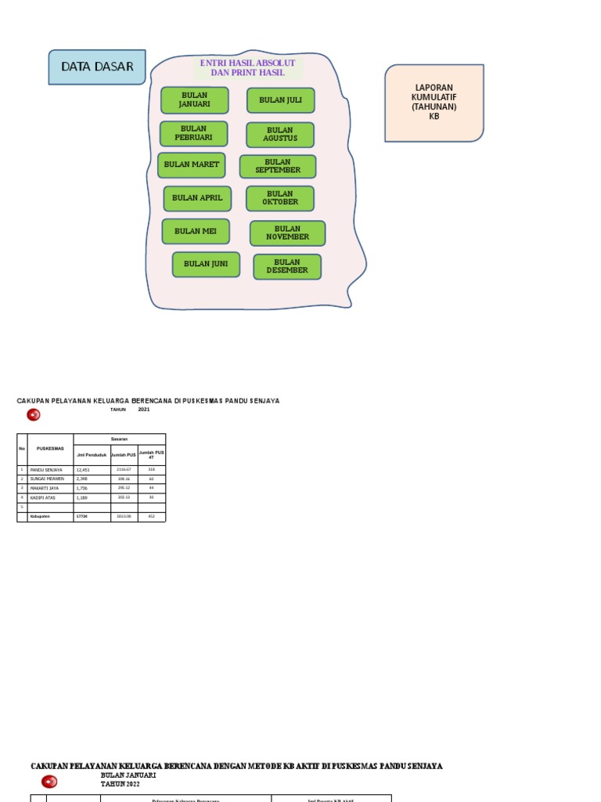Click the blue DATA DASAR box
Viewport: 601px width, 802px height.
pos(97,67)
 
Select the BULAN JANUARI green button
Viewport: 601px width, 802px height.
pos(194,100)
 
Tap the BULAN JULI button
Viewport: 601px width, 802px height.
pos(280,100)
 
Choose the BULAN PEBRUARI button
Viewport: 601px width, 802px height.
pos(193,133)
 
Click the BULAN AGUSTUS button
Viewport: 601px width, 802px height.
pos(279,135)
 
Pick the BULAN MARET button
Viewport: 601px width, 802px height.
pos(191,165)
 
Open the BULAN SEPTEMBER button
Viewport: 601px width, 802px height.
pos(277,166)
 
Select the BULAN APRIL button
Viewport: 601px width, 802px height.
pos(197,198)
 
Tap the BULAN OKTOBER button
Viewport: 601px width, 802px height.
pos(279,198)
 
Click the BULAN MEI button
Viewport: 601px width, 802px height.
pos(196,231)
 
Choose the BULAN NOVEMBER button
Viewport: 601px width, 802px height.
pos(287,233)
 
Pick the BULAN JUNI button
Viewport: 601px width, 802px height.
pos(206,264)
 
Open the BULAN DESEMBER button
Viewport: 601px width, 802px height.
pos(286,266)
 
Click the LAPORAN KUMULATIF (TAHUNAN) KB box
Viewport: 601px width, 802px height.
pos(434,103)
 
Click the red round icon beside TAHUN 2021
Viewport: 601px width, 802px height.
pos(33,415)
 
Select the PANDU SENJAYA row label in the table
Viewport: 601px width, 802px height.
pos(46,470)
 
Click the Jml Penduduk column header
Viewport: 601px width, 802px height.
pos(91,454)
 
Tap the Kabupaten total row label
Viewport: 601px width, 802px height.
pos(40,516)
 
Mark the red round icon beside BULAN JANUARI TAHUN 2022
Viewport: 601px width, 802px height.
pos(49,781)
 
